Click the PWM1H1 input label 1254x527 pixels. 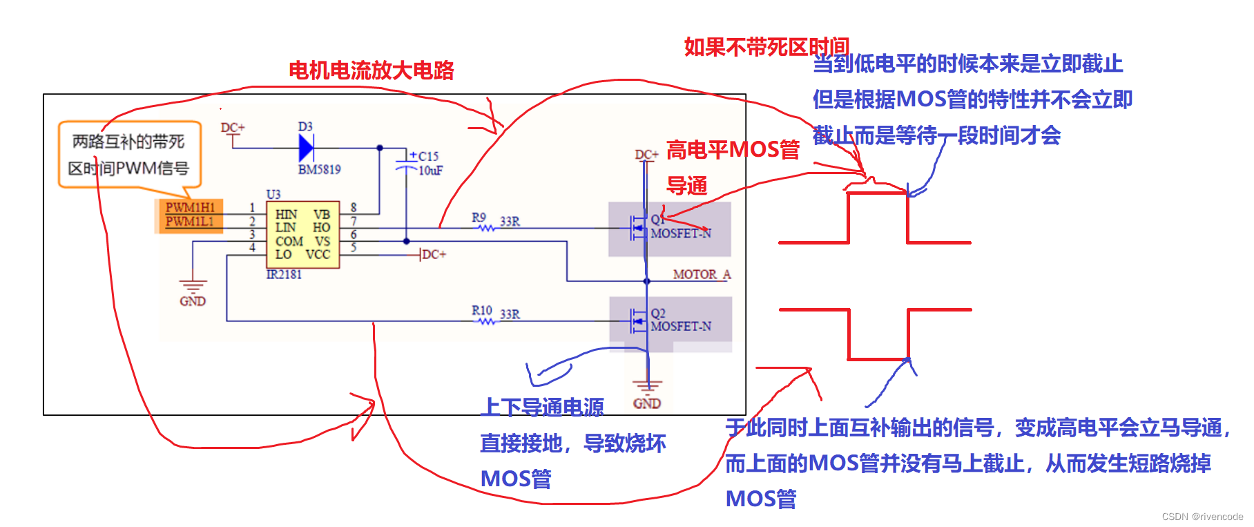[190, 207]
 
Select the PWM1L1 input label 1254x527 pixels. [189, 222]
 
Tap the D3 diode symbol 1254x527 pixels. [306, 147]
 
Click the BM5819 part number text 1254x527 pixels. [319, 169]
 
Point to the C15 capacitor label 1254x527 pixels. [428, 156]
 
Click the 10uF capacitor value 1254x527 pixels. [430, 170]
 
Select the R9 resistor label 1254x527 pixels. [479, 218]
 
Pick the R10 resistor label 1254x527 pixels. [481, 311]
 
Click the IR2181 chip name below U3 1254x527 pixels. [284, 274]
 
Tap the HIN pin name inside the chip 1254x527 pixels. [286, 214]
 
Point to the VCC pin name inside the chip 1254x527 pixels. [318, 254]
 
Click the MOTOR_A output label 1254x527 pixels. [701, 274]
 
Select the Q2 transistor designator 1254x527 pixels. [657, 314]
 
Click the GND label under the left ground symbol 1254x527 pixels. [193, 301]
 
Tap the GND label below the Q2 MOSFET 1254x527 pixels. [647, 403]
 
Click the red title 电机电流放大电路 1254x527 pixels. [371, 70]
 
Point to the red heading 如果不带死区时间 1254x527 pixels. [766, 46]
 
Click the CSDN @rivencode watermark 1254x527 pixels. [1202, 517]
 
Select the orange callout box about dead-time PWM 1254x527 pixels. [129, 155]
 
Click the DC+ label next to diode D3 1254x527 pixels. [233, 128]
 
